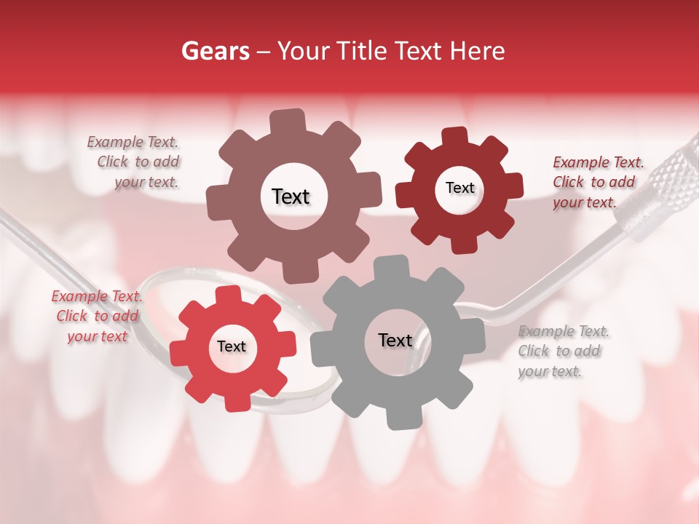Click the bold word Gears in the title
215,51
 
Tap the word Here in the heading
479,51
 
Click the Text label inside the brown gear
291,196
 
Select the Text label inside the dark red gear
459,188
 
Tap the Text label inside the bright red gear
232,346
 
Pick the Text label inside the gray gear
395,340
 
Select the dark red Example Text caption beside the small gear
597,182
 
